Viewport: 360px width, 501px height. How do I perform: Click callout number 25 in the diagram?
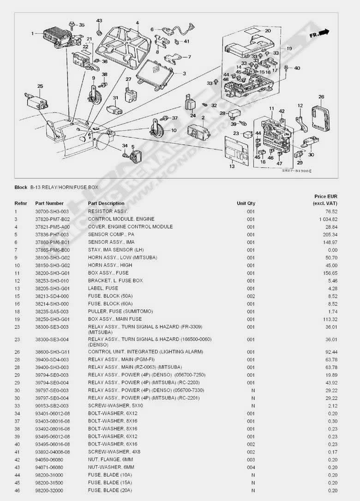point(40,86)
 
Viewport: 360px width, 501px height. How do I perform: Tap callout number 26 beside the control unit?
point(321,97)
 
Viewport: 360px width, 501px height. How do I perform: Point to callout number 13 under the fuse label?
point(232,166)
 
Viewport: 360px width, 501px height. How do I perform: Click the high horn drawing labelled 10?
point(156,128)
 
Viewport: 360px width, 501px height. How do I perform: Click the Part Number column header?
point(49,203)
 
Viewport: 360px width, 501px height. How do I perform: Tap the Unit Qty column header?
point(246,203)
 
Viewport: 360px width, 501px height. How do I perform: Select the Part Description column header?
point(106,203)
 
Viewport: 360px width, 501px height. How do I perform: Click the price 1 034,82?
point(328,219)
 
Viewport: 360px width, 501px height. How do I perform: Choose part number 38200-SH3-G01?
point(53,273)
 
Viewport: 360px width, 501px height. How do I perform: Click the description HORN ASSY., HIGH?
point(110,265)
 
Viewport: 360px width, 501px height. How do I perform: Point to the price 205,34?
point(330,235)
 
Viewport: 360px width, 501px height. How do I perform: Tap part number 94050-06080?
point(49,460)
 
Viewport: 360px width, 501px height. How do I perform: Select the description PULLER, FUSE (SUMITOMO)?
point(120,312)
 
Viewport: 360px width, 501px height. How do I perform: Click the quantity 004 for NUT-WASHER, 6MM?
point(251,467)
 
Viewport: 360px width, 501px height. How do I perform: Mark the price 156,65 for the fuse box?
point(330,273)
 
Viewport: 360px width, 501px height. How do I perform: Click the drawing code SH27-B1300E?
point(296,171)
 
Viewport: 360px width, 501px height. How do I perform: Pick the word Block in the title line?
point(21,187)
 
